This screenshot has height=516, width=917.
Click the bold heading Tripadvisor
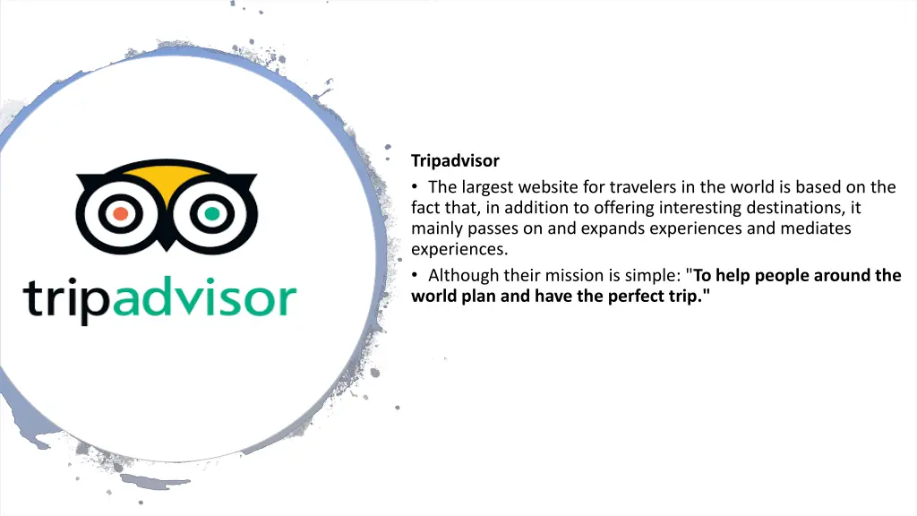(455, 161)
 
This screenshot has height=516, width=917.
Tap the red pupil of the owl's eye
(119, 214)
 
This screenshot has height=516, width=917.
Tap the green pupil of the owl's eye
(212, 214)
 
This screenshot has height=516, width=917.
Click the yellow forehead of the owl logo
(166, 179)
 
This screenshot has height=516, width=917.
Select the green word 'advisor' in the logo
(207, 298)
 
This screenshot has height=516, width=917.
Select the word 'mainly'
(436, 228)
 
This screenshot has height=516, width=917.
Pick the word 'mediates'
(815, 228)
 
